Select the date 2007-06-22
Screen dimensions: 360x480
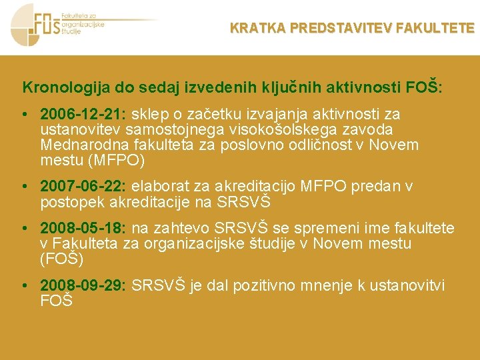pyautogui.click(x=83, y=186)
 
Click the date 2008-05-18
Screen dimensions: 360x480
pyautogui.click(x=83, y=229)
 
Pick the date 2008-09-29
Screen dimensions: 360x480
pyautogui.click(x=83, y=286)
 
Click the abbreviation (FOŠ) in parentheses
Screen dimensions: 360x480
pyautogui.click(x=61, y=259)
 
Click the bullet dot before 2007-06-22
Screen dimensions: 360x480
pyautogui.click(x=24, y=186)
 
